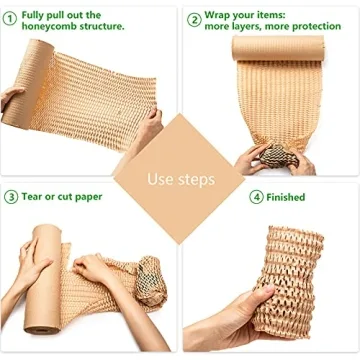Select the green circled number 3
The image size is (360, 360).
click(x=10, y=198)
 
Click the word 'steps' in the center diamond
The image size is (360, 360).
click(x=196, y=180)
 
